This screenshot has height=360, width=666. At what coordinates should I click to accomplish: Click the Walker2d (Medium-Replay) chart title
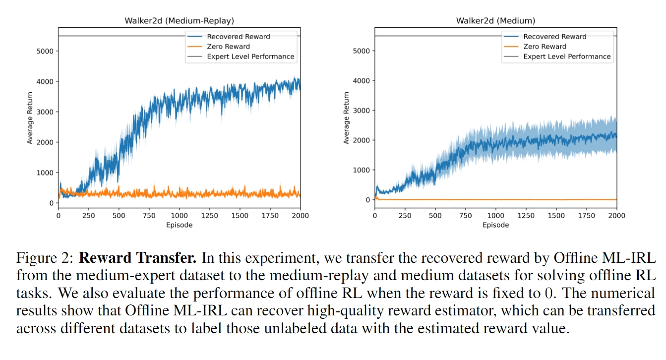tap(179, 21)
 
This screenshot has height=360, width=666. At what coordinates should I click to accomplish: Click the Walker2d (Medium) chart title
tap(495, 21)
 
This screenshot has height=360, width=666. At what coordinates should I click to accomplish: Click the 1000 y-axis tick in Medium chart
tap(361, 170)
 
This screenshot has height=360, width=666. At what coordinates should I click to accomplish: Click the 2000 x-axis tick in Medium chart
tap(616, 216)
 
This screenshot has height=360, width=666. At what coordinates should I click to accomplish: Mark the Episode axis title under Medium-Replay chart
tap(179, 225)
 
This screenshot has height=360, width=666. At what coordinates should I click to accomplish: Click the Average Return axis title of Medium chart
tap(347, 118)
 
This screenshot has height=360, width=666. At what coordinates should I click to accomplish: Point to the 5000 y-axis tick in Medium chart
tap(361, 51)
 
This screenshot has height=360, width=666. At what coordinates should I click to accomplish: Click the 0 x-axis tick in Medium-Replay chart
tap(59, 216)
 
